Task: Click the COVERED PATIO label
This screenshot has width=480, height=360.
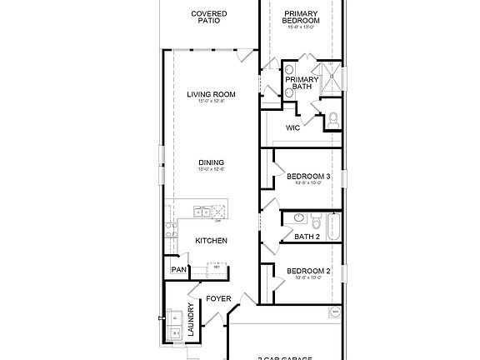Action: click(x=210, y=17)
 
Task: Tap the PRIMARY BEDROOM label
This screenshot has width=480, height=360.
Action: click(x=301, y=17)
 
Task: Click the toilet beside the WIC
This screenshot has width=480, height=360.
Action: click(x=332, y=120)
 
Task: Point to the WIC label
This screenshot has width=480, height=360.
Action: click(x=292, y=127)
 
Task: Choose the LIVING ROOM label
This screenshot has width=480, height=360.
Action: click(x=211, y=95)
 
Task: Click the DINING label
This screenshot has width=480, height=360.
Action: click(x=211, y=162)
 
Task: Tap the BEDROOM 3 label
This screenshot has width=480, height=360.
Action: click(x=308, y=176)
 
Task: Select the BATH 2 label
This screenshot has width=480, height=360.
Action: click(x=307, y=237)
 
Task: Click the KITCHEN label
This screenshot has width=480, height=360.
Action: click(x=212, y=240)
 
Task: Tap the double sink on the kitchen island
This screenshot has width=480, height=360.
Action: click(x=202, y=212)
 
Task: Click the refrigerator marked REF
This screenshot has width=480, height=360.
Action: click(x=217, y=270)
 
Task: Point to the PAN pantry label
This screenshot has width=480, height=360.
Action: click(x=177, y=269)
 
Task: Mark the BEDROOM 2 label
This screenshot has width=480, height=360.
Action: click(x=308, y=272)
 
